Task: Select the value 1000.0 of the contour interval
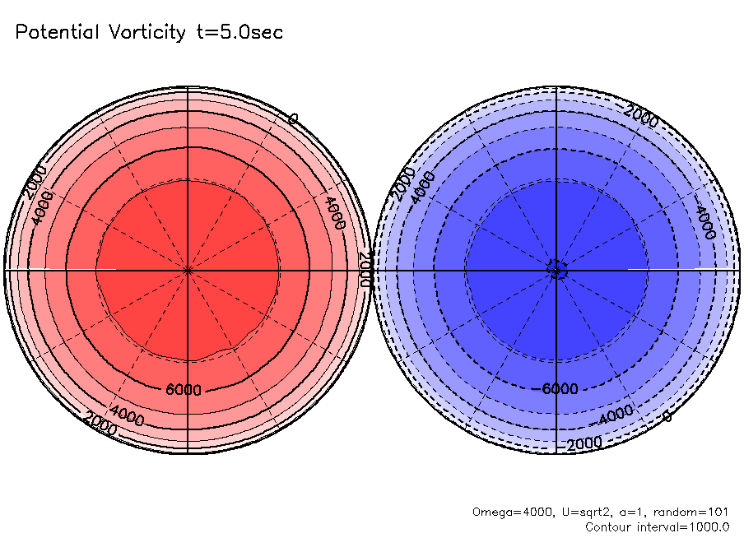pyautogui.click(x=708, y=526)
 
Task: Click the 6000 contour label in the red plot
pyautogui.click(x=184, y=390)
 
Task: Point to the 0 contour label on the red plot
pyautogui.click(x=293, y=120)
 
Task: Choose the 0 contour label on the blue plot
pyautogui.click(x=667, y=417)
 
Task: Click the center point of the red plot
pyautogui.click(x=188, y=270)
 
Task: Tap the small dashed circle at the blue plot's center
pyautogui.click(x=557, y=270)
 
